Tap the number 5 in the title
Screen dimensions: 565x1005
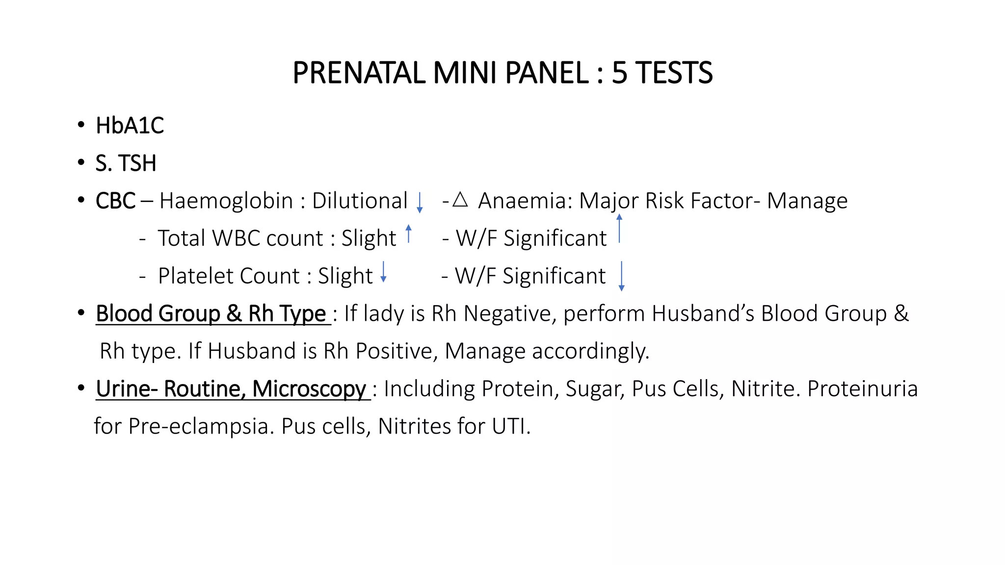tap(619, 73)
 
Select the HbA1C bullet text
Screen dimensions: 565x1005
tap(130, 126)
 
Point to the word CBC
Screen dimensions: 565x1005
tap(115, 201)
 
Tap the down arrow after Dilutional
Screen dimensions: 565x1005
tap(420, 203)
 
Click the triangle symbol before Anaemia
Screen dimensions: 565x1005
tap(460, 199)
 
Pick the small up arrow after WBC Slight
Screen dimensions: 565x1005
tap(408, 233)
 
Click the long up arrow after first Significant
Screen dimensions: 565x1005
tap(619, 229)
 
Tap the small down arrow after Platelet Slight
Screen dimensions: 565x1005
tap(384, 272)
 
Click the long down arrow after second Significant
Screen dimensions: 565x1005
tap(621, 276)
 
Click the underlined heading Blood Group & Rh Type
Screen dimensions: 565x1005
tap(211, 314)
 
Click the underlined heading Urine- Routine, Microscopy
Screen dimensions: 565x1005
tap(231, 389)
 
